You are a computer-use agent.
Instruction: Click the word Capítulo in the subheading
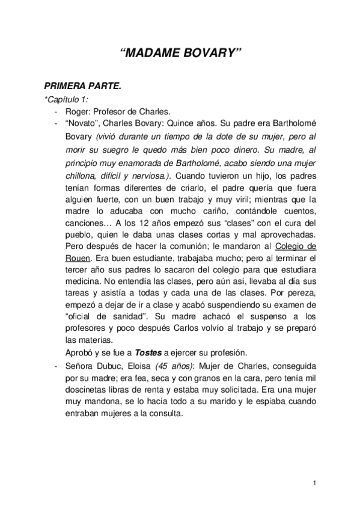click(x=64, y=99)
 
